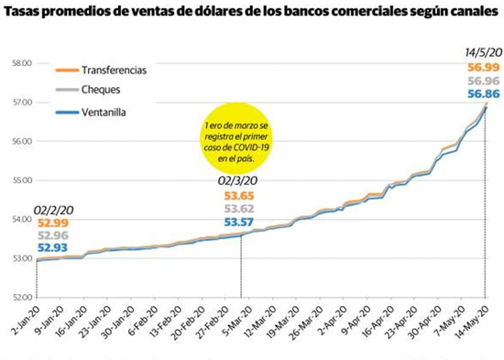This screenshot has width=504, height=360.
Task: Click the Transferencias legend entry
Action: [x=101, y=70]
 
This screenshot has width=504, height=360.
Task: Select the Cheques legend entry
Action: [x=88, y=90]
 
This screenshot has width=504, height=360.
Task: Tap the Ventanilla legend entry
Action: [x=91, y=112]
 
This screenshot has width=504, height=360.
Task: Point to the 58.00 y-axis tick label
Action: [x=22, y=63]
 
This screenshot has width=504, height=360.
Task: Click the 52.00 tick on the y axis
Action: [x=22, y=298]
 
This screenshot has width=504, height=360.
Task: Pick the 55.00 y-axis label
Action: [x=22, y=180]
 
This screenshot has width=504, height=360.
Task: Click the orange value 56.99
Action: [x=484, y=68]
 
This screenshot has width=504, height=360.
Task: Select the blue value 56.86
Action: [x=484, y=93]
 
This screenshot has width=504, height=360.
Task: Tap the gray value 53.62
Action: [x=239, y=209]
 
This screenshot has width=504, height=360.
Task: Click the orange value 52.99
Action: [x=53, y=224]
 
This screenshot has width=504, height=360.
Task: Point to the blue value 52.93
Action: [x=53, y=248]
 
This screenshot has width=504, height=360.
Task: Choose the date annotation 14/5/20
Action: [x=484, y=52]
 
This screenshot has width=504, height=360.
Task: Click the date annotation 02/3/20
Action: [x=237, y=180]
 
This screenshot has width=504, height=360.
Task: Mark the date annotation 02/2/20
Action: [x=54, y=210]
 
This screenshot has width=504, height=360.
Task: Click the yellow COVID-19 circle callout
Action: [x=237, y=138]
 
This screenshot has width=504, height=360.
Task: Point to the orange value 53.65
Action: [x=239, y=196]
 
